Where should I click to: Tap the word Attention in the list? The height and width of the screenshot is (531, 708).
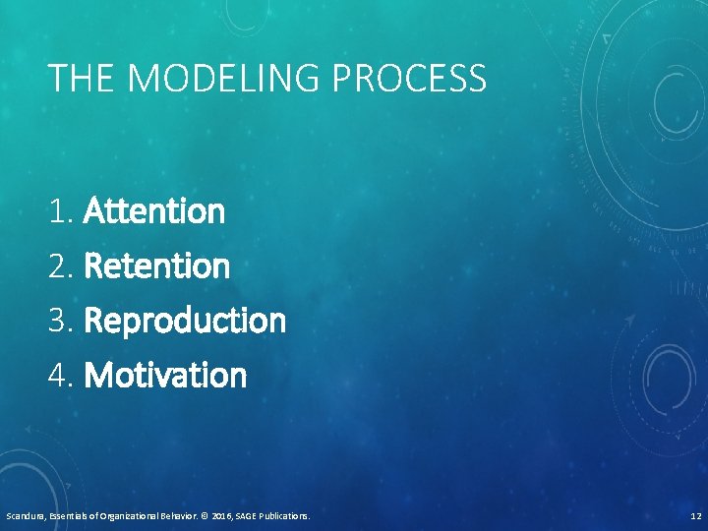155,210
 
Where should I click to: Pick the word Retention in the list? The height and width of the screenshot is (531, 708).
157,265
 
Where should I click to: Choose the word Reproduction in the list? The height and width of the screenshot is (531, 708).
186,321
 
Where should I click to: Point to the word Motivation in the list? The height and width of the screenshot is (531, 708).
166,375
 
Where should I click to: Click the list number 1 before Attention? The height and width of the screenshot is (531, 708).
61,210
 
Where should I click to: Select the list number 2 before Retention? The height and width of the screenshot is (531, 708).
61,265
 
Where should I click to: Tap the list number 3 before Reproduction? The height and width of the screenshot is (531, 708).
61,321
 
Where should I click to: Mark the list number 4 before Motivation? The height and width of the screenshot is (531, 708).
61,375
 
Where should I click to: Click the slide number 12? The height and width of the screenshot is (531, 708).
695,515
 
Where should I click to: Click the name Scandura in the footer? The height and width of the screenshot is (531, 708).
24,515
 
